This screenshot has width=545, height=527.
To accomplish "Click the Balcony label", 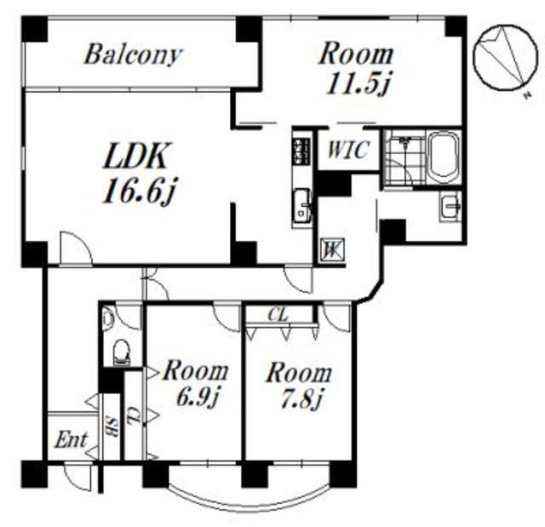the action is tap(133, 54).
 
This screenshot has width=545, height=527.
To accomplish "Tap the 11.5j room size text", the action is tap(359, 83).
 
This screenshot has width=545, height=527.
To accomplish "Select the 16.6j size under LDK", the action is tap(140, 190).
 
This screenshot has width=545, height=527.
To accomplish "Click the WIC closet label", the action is tap(348, 150).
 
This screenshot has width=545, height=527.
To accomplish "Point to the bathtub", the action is tap(443, 158).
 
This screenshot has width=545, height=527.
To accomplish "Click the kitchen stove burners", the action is tap(302, 152).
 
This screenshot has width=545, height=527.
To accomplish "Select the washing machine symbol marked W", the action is tap(332, 249).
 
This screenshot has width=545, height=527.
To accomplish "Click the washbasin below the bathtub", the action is tap(450, 206).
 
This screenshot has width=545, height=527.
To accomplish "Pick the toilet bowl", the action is tap(121, 352).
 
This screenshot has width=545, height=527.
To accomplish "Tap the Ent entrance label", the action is tap(71, 440).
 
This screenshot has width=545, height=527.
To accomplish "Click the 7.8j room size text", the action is tap(301, 399).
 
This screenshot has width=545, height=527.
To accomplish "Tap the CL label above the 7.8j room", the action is tap(278, 315).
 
